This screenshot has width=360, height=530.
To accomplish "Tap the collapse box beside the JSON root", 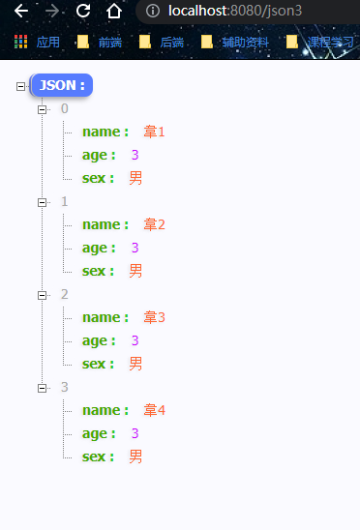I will (21, 86).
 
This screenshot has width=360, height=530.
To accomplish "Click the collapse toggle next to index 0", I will (42, 109).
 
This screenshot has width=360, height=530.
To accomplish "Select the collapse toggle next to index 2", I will (42, 295).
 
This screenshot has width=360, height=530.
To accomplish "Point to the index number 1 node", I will (65, 201).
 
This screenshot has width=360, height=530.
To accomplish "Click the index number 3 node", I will (65, 387).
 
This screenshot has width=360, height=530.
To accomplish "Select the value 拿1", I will (155, 132).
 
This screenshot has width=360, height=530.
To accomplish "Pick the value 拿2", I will (155, 224).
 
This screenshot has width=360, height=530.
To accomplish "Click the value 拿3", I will (155, 317).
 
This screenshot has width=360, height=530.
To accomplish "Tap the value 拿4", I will (155, 410).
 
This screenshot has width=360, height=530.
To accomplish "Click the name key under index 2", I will (105, 317).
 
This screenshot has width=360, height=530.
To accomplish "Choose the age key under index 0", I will (99, 155).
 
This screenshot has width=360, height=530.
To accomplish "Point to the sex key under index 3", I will (98, 456).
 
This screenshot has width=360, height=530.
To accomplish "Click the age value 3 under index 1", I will (135, 248).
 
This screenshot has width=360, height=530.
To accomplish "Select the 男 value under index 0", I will (135, 178).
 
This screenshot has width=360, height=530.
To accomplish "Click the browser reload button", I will (83, 12).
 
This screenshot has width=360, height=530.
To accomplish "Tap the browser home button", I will (114, 12).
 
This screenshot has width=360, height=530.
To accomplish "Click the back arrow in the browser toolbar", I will (21, 12).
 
